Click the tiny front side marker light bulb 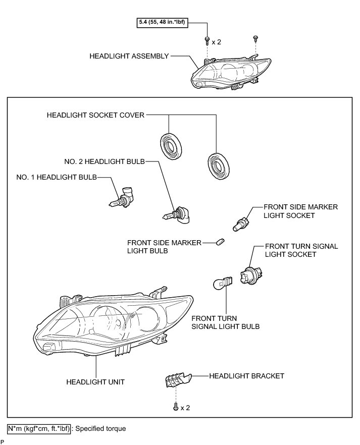[221, 243]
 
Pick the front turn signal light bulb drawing [223, 283]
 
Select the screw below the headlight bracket [175, 407]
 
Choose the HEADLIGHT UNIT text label [95, 382]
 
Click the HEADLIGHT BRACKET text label [246, 375]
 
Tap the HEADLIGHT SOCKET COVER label [95, 115]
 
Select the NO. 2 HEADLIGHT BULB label [104, 161]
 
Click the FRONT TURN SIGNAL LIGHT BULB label [225, 322]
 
